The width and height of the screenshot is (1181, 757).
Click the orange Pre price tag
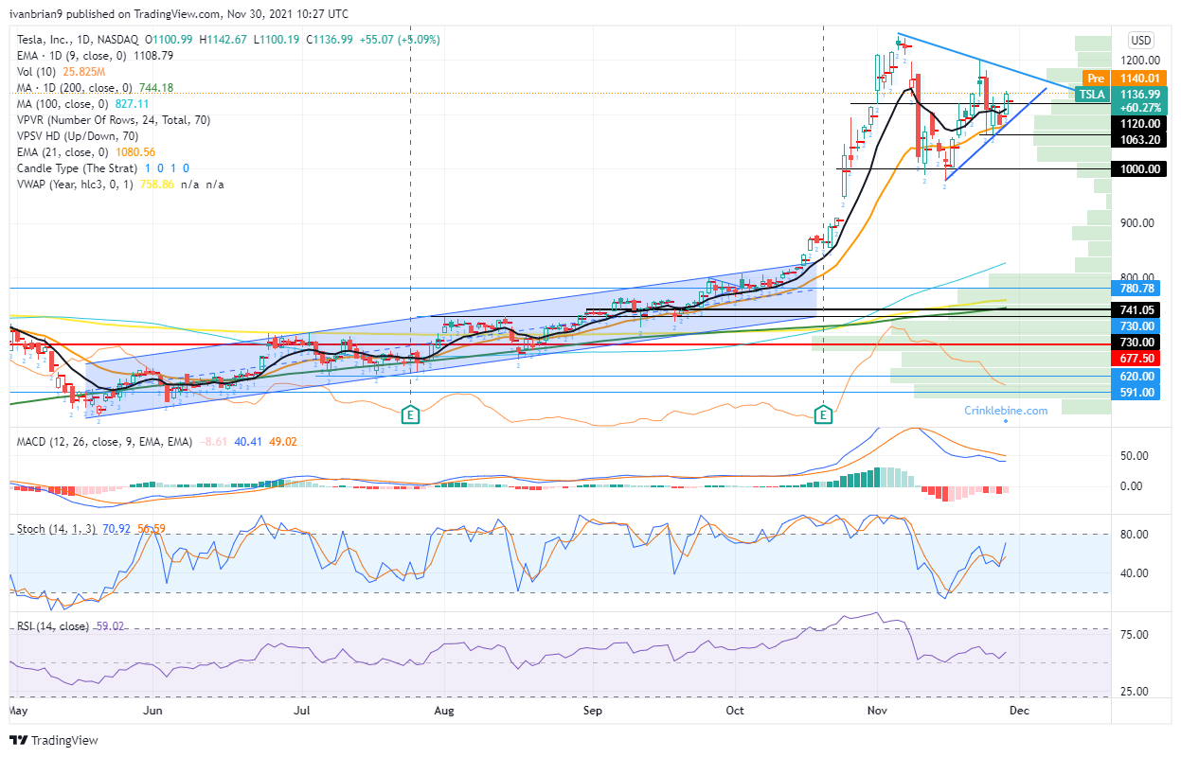1096,78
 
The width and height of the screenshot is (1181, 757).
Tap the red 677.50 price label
1137,359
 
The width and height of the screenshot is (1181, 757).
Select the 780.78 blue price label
1137,288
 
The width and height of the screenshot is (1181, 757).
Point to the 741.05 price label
1137,309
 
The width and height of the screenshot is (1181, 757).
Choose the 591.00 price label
1137,392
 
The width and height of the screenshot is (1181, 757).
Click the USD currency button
1141,40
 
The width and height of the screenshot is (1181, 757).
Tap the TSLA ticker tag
1093,94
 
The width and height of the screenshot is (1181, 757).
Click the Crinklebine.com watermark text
1006,411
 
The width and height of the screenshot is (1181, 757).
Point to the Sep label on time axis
592,708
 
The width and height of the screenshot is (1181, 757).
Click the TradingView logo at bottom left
55,740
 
